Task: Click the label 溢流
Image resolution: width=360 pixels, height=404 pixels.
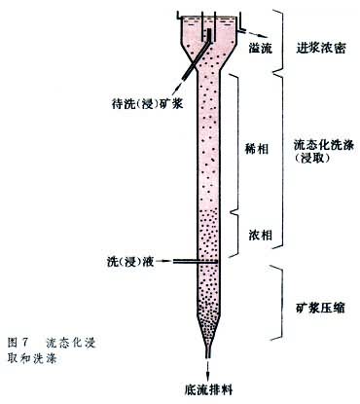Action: pos(262,46)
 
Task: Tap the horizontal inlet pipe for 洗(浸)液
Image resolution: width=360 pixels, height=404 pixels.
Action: pos(185,262)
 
